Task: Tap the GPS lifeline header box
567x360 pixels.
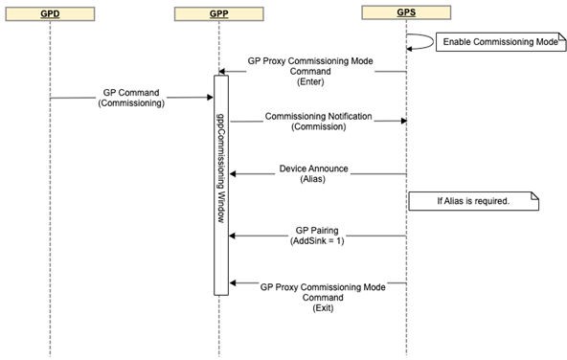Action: coord(406,14)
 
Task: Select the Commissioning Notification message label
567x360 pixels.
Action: coord(320,122)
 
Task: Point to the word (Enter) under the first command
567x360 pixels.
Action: coord(312,82)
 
